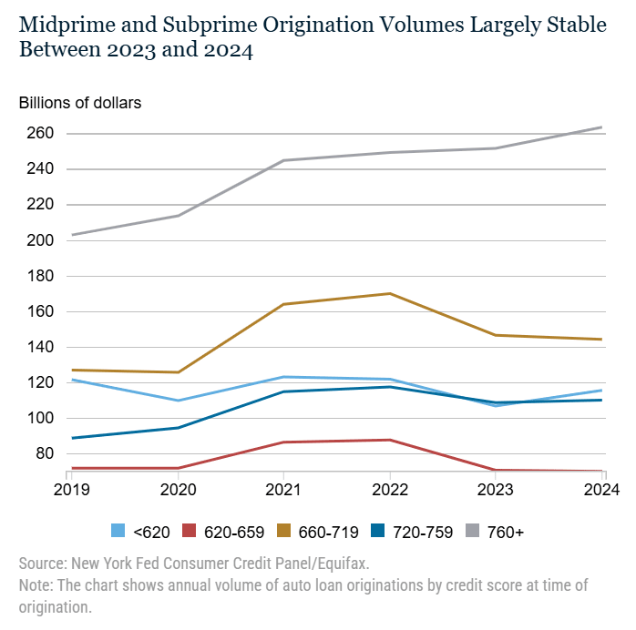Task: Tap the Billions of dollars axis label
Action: coord(80,102)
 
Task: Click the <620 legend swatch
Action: coord(118,532)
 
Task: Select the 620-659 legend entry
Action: coord(220,532)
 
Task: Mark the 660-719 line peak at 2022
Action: coord(390,293)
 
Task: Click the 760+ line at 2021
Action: coord(282,161)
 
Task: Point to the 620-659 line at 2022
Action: coord(390,440)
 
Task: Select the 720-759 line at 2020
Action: coord(176,428)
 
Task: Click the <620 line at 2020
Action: coord(176,401)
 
